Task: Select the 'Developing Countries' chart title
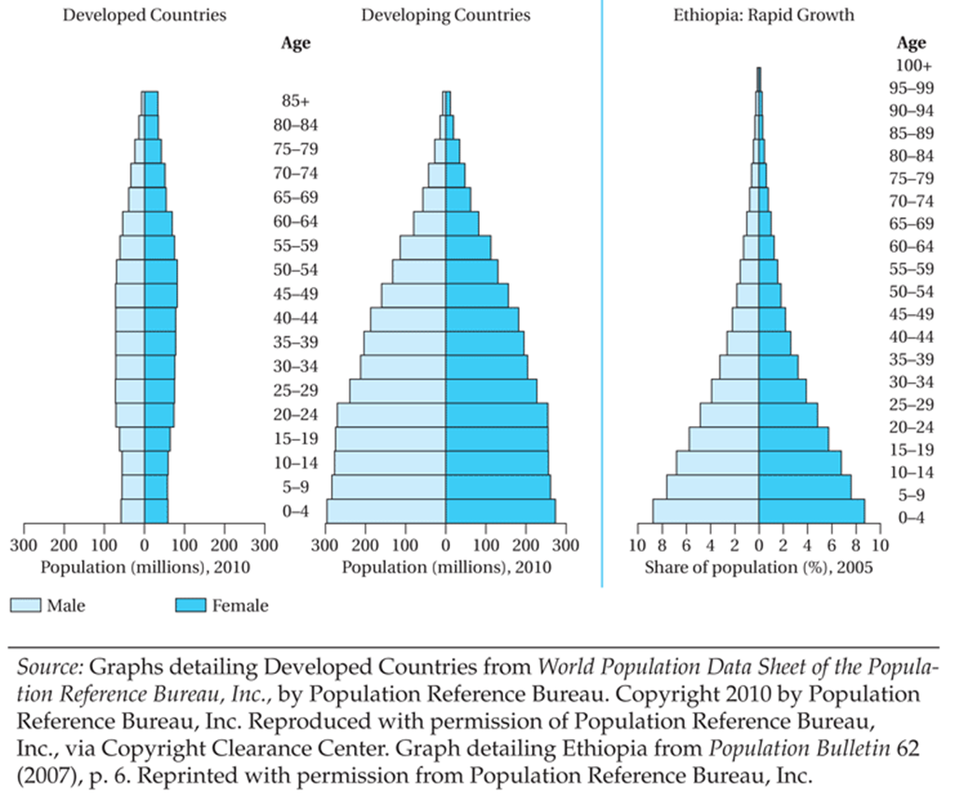pyautogui.click(x=445, y=15)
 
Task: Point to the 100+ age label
pyautogui.click(x=913, y=66)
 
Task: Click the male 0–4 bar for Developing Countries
pyautogui.click(x=386, y=511)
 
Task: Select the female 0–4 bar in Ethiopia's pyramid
pyautogui.click(x=812, y=511)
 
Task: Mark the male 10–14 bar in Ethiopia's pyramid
pyautogui.click(x=717, y=462)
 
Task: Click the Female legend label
pyautogui.click(x=240, y=606)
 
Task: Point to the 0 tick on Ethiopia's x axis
pyautogui.click(x=758, y=544)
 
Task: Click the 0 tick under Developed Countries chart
pyautogui.click(x=143, y=544)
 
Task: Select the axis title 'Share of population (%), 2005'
pyautogui.click(x=758, y=567)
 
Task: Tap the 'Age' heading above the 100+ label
pyautogui.click(x=911, y=43)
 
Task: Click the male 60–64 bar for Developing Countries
pyautogui.click(x=430, y=224)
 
